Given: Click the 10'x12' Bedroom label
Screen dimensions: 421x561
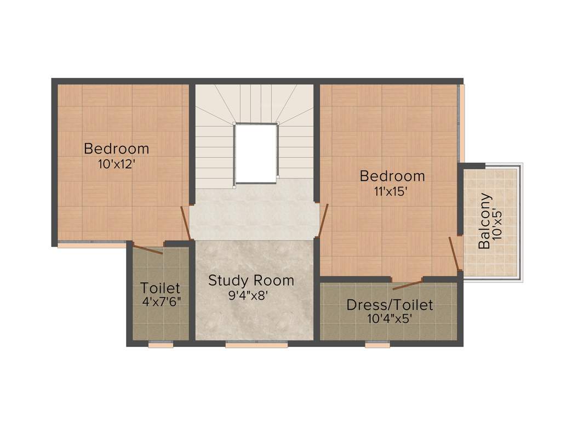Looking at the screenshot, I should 116,149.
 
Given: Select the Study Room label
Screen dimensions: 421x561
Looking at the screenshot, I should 251,281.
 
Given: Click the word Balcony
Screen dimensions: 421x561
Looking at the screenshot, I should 484,221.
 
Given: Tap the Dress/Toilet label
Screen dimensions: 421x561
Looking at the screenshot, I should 390,305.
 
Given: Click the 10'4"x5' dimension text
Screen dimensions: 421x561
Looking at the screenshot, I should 390,318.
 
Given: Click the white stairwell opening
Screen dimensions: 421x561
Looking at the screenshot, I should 256,153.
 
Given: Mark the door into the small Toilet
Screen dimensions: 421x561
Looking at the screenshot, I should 148,249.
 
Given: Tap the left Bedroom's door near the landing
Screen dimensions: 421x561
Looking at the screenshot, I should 186,223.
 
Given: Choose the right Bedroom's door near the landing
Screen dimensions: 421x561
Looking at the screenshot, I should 323,220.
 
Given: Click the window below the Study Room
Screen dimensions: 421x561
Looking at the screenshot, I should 256,345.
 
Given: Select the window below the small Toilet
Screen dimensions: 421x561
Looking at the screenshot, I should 161,345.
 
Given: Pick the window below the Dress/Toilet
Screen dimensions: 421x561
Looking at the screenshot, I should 377,345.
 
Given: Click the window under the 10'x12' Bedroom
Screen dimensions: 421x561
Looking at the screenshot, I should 91,245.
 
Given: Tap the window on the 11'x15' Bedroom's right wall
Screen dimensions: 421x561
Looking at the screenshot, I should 461,123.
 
